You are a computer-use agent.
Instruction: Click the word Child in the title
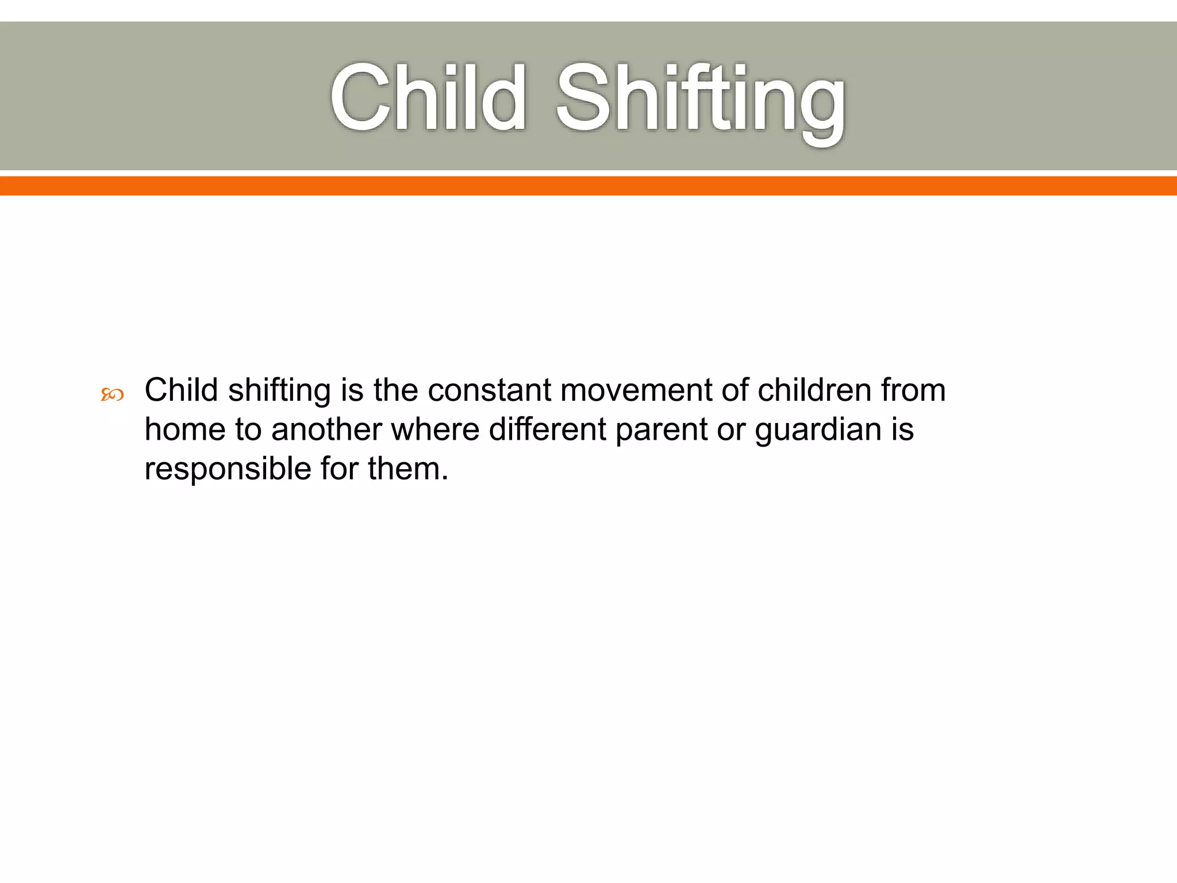point(428,98)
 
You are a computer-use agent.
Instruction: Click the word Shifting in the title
point(700,101)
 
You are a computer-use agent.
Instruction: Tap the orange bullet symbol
point(112,394)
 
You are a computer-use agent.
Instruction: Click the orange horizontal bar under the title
point(588,186)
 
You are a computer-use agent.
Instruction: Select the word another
point(326,429)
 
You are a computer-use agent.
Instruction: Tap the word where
point(435,429)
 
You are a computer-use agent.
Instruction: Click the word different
point(547,429)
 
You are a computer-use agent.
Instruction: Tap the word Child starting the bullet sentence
point(181,390)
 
